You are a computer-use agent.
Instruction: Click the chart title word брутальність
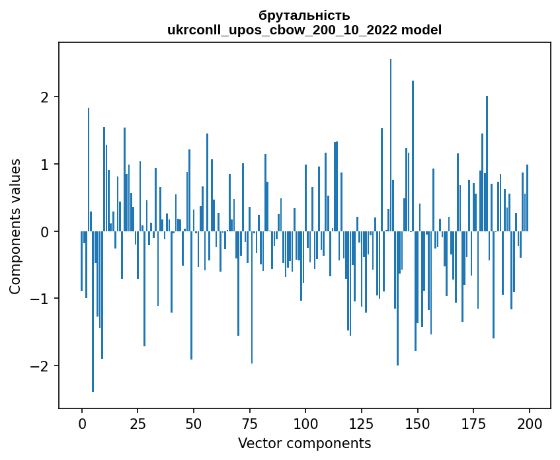(304, 15)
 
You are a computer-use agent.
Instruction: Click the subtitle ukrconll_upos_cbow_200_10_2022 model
(304, 30)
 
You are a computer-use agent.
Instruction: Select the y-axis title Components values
(15, 226)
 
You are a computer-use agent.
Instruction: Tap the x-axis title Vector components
(304, 443)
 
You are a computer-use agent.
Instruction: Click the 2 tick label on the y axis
(46, 97)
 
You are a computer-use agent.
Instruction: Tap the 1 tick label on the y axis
(46, 165)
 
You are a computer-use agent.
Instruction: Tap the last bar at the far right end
(527, 198)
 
